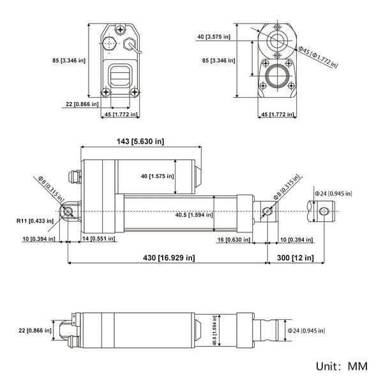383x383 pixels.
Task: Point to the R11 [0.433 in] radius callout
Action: coord(37,222)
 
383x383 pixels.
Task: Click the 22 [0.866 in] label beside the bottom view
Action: coord(36,330)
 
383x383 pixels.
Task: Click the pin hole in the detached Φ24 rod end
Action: coord(324,211)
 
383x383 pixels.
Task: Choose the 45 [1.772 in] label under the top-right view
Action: coord(278,115)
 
